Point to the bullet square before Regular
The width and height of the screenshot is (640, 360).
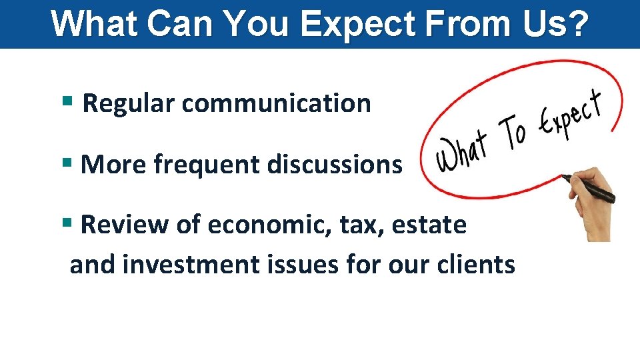point(66,103)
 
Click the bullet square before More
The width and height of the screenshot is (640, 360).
point(66,163)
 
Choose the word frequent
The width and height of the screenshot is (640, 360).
point(206,164)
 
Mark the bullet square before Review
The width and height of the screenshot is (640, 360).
point(66,224)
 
